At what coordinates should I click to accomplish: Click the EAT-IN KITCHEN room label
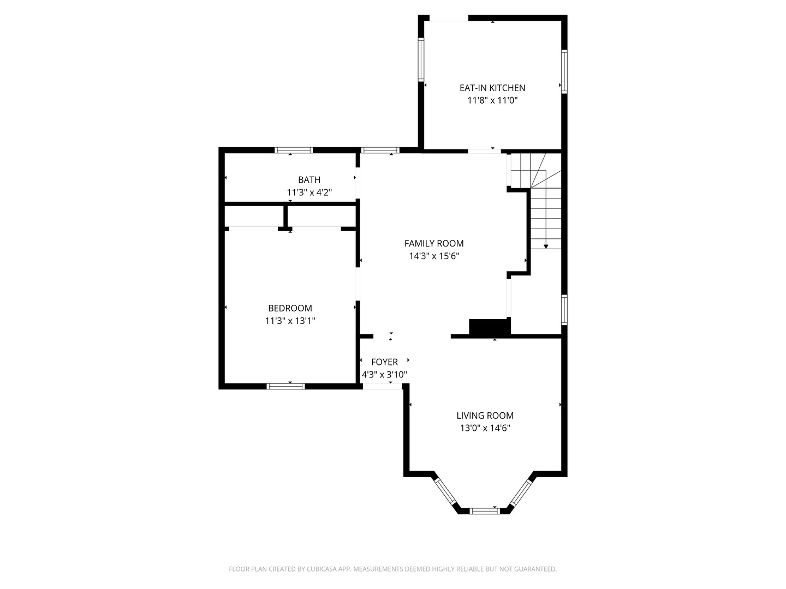[492, 88]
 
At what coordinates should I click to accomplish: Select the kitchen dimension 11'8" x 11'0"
[492, 100]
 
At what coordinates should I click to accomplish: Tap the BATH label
[309, 179]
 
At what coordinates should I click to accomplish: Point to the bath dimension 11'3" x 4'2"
[309, 192]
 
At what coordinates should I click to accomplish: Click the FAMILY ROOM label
[434, 243]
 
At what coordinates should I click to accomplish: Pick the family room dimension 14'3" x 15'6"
[434, 256]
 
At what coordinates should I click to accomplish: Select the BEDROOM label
[290, 308]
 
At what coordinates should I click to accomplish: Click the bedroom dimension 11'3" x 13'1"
[290, 321]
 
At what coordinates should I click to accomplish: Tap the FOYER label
[384, 362]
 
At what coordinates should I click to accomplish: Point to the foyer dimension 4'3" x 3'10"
[384, 375]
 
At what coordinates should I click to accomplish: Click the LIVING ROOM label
[485, 416]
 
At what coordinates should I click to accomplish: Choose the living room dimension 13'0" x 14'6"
[485, 428]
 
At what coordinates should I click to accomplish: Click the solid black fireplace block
[490, 327]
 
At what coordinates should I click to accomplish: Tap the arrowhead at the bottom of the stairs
[546, 247]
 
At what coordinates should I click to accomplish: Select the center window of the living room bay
[485, 511]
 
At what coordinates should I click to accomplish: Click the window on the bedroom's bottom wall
[285, 386]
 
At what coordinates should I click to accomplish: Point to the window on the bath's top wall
[293, 150]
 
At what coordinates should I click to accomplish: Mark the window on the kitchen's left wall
[421, 59]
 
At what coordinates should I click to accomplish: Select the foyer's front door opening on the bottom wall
[382, 386]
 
